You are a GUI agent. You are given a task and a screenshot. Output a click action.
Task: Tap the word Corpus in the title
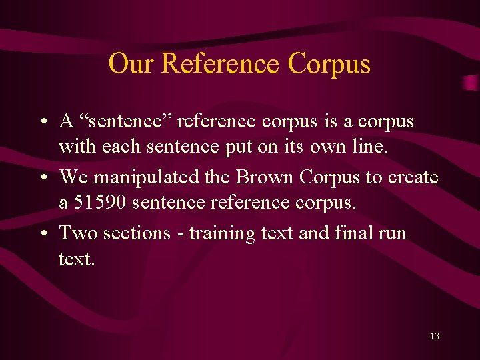329,65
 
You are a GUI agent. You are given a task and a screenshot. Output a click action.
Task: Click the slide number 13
434,337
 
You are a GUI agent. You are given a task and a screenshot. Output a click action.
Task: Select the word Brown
263,177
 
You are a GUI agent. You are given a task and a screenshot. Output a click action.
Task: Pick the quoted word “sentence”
125,122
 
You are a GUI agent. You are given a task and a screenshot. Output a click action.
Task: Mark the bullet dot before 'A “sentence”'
42,123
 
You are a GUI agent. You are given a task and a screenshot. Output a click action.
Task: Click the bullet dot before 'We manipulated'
42,178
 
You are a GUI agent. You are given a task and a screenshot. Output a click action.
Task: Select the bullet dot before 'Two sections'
42,234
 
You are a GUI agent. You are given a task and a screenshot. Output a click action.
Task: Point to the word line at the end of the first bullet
368,147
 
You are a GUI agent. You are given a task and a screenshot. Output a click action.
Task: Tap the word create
413,177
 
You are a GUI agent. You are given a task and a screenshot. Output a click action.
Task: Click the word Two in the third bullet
76,233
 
